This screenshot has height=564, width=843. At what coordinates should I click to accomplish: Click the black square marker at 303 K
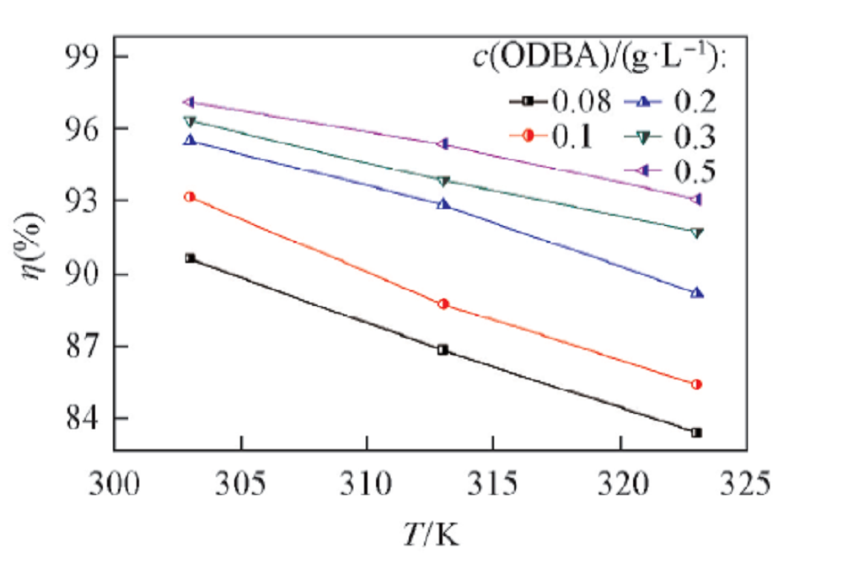[x=191, y=258]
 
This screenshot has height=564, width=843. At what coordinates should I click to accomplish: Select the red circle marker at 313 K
[x=443, y=303]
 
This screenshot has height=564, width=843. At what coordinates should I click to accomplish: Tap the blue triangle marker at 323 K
[x=696, y=293]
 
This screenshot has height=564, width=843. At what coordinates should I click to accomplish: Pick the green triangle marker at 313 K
[x=443, y=180]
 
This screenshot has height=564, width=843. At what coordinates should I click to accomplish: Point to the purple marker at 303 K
[x=191, y=102]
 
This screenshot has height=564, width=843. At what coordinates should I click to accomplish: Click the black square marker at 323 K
[x=696, y=432]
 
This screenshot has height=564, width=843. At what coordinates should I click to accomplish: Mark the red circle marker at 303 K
[x=191, y=196]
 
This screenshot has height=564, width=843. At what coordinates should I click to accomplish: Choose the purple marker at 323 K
[x=696, y=200]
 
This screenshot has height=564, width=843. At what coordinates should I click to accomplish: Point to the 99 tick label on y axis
[x=81, y=57]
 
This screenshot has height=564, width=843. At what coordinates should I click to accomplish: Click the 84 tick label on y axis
[x=81, y=419]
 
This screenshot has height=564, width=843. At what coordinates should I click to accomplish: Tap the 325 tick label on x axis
[x=745, y=486]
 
